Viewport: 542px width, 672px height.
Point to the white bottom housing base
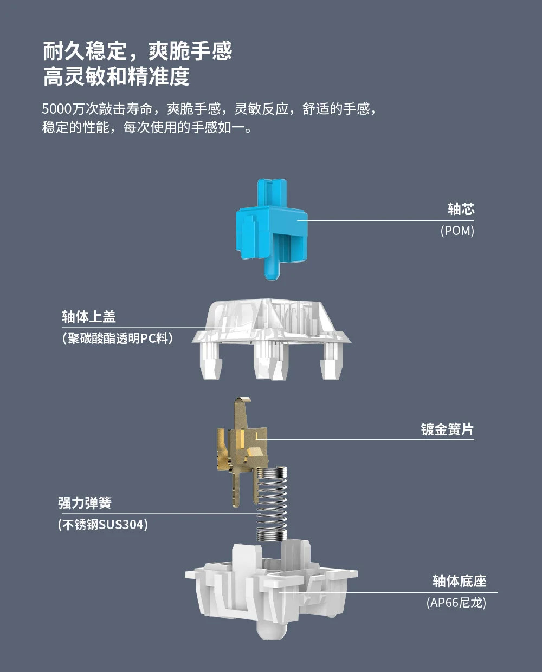(x=271, y=590)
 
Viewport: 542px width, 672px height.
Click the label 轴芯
(x=461, y=209)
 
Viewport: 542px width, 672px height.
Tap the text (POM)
(x=457, y=231)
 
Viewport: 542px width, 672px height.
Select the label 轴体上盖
(x=89, y=317)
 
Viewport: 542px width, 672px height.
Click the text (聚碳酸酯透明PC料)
(x=118, y=338)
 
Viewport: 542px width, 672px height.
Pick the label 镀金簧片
(x=447, y=429)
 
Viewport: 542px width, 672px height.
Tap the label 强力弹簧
(x=85, y=503)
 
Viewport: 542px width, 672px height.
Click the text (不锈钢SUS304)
(x=103, y=525)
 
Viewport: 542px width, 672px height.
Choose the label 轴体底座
(x=460, y=581)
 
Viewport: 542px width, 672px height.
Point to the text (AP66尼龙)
(x=456, y=603)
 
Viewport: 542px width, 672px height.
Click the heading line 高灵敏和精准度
(x=117, y=76)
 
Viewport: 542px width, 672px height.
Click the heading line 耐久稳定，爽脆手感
(x=138, y=51)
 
